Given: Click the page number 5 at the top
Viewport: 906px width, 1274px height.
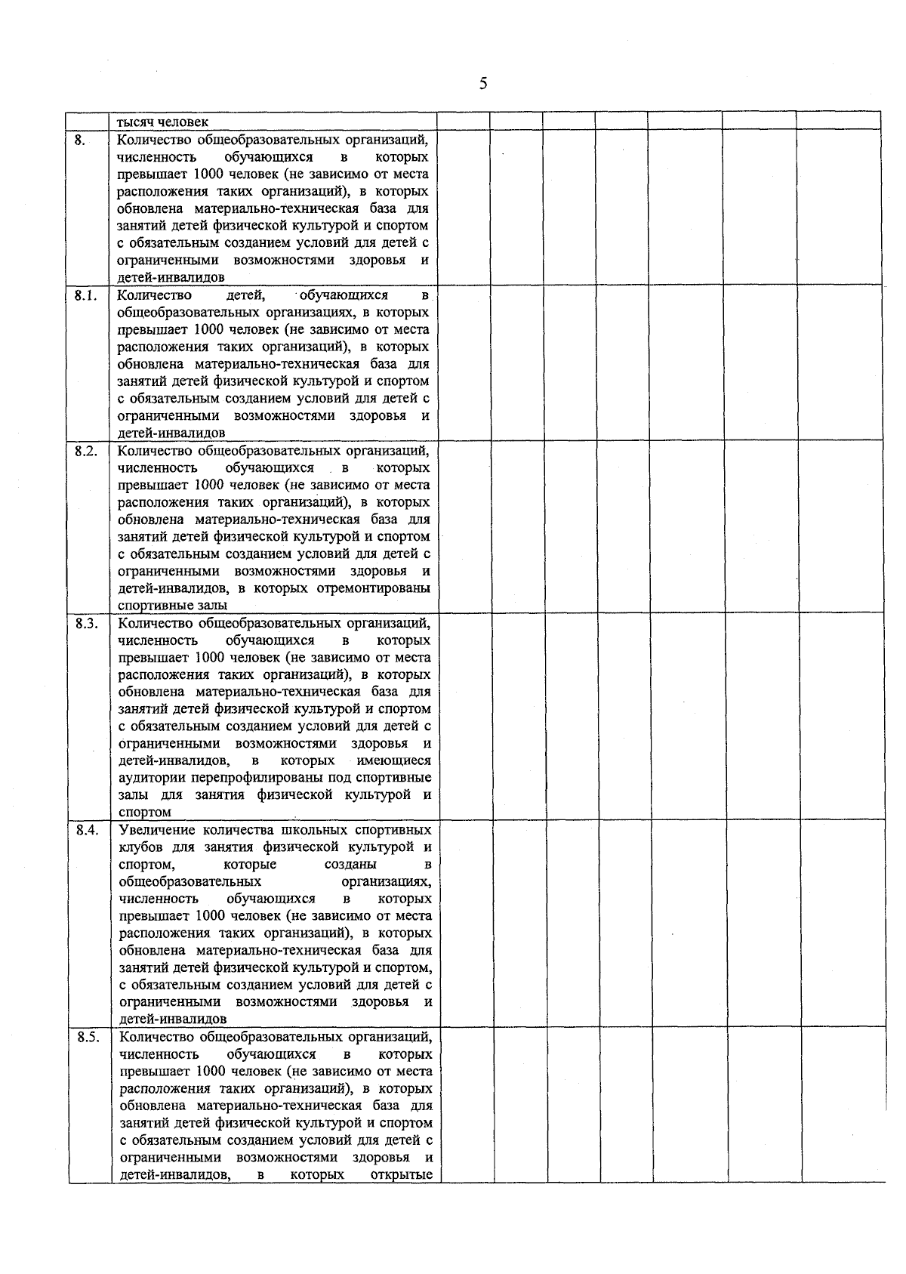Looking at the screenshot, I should tap(482, 84).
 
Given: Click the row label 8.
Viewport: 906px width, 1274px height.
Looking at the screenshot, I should tap(81, 140).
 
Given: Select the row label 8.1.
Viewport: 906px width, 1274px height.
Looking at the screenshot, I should tap(85, 295).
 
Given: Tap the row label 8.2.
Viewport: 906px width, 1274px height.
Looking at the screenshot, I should tap(86, 451).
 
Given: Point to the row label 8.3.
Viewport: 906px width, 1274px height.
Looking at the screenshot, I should tap(86, 623).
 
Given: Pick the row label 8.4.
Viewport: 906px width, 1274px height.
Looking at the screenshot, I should tap(87, 830).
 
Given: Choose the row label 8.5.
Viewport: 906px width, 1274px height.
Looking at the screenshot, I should tap(88, 1037).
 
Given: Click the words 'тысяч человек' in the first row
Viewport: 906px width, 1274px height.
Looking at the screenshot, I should tap(162, 122).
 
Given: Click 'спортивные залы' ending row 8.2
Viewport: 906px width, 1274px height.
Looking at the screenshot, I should tap(172, 606).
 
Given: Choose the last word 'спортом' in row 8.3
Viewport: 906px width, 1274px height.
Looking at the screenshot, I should tap(145, 813).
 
